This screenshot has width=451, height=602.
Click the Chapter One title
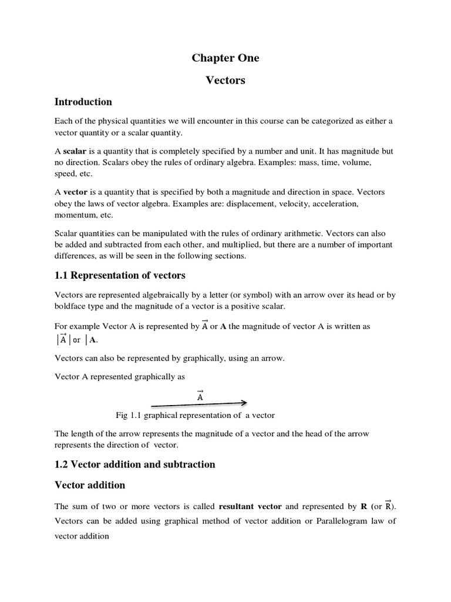click(225, 58)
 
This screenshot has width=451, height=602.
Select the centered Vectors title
click(225, 81)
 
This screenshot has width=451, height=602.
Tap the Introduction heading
click(83, 102)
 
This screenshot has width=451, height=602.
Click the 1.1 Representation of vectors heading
click(120, 275)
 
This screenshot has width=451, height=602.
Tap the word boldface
click(71, 306)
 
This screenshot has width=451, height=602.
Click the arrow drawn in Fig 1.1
click(199, 404)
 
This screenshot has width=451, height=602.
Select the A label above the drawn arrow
click(200, 396)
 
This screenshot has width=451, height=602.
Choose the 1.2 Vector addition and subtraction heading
click(135, 464)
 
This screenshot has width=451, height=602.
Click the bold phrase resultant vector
click(250, 506)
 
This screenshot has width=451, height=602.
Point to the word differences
click(75, 256)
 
